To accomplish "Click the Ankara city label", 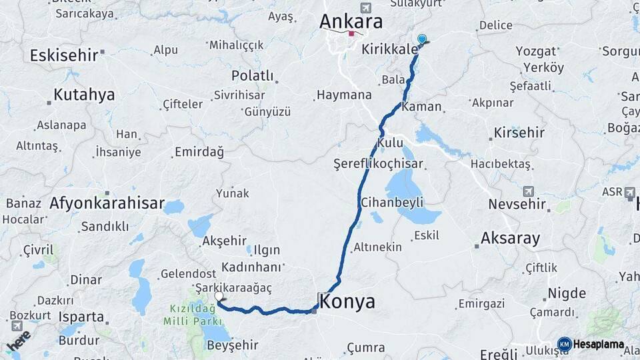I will click(x=351, y=21).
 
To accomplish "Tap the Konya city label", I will click(x=347, y=301).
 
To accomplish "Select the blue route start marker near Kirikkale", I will click(x=421, y=39).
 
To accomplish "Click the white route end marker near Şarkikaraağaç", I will click(x=219, y=296).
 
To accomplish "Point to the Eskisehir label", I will click(x=64, y=55).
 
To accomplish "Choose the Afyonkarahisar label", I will click(x=107, y=203).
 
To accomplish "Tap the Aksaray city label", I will click(x=510, y=239).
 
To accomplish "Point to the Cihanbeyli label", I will click(x=392, y=202).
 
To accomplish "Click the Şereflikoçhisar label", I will click(x=379, y=163).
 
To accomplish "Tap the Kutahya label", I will click(x=84, y=95).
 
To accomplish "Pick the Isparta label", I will click(x=81, y=316).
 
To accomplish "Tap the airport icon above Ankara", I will click(x=365, y=7).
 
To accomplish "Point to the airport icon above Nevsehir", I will click(x=529, y=191).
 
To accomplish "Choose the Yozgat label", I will click(x=535, y=51).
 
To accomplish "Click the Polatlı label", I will click(x=253, y=76).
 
